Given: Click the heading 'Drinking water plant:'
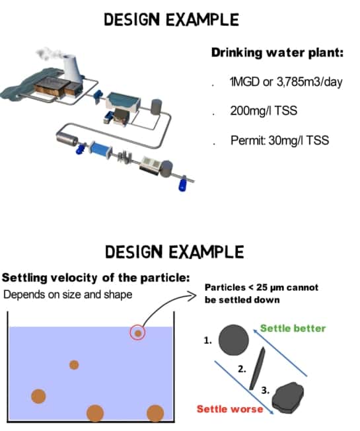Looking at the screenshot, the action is pos(277,53).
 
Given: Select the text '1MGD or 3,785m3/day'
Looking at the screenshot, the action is pos(286,81).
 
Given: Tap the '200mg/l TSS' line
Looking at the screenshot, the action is pos(264,111).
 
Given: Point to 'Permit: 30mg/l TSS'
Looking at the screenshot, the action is pos(279,140).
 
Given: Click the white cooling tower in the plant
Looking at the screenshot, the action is pos(72,67).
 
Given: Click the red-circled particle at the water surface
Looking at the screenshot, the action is pos(137,333).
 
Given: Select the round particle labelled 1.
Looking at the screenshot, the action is pos(234,340).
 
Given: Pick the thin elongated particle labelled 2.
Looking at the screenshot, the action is pos(258,368).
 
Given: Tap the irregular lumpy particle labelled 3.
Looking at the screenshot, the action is pos(288,397).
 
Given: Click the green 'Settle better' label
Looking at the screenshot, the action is pos(293,328).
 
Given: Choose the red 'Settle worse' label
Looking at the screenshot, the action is pos(230,409).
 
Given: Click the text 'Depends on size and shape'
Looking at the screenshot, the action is pos(68,295).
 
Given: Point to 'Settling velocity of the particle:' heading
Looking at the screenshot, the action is pos(96,278).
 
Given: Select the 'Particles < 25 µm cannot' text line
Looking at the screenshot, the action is pos(262,288).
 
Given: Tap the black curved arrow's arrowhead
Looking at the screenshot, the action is pos(192,295).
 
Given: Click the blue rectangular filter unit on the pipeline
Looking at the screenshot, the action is pos(100,149).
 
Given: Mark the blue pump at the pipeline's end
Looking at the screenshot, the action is pos(182,184).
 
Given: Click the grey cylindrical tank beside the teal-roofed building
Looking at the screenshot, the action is pos(157,107).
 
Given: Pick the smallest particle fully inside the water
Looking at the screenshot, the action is pos(74,365).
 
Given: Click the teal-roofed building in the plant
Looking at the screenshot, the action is pos(123,103).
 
